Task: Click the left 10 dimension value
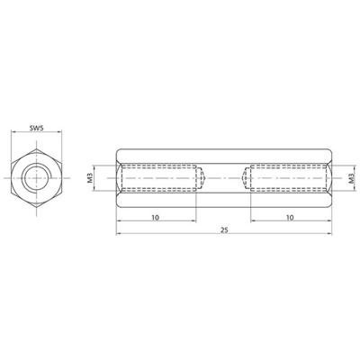click(x=156, y=217)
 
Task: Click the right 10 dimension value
click(x=288, y=217)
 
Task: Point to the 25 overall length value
click(x=222, y=232)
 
